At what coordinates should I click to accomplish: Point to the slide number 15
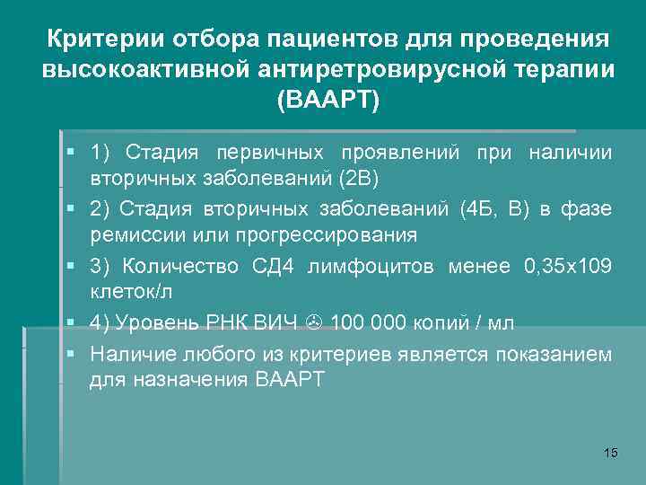[x=611, y=452]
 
